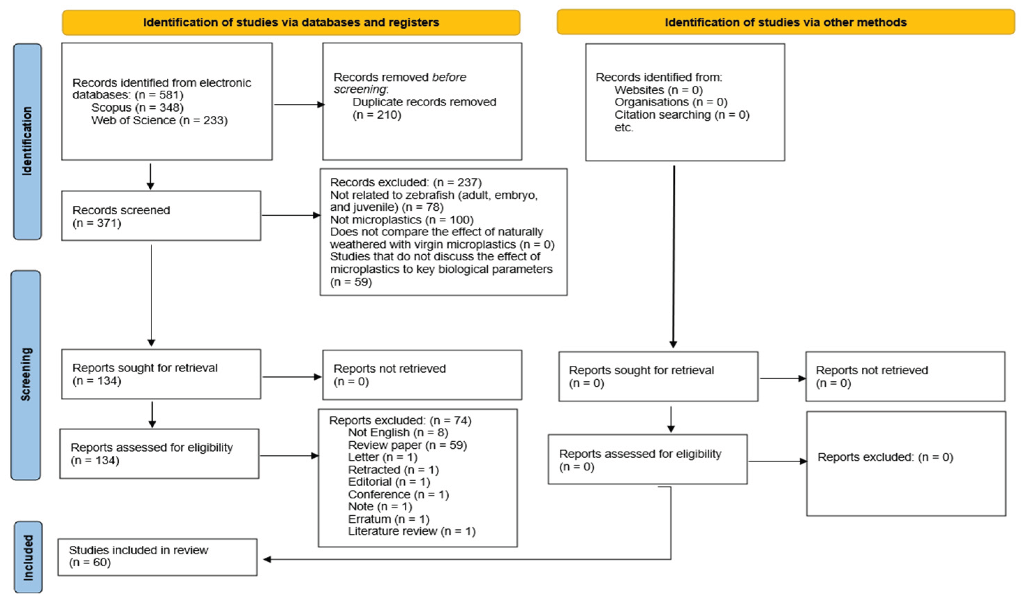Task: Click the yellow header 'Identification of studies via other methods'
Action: pyautogui.click(x=785, y=22)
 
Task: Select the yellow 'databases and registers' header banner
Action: pyautogui.click(x=291, y=22)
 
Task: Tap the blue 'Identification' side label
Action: pyautogui.click(x=27, y=141)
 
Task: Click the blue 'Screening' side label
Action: pyautogui.click(x=25, y=375)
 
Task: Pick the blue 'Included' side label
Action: pyautogui.click(x=28, y=557)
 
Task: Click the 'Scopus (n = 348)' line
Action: pyautogui.click(x=137, y=107)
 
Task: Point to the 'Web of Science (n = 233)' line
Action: pyautogui.click(x=159, y=120)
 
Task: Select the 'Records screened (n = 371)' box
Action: pyautogui.click(x=161, y=216)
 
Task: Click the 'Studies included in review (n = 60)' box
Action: pyautogui.click(x=157, y=557)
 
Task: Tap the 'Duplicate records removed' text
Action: pyautogui.click(x=424, y=102)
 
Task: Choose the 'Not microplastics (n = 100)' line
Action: pyautogui.click(x=402, y=220)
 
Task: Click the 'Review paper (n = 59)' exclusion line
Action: pyautogui.click(x=407, y=445)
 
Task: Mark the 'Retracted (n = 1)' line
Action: pyautogui.click(x=394, y=470)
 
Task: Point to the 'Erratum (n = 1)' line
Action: pyautogui.click(x=389, y=519)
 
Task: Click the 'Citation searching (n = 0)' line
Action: pyautogui.click(x=682, y=115)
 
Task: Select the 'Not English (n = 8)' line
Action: pyautogui.click(x=398, y=432)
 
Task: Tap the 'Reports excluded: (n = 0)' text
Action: pyautogui.click(x=886, y=457)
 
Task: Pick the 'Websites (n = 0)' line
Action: pyautogui.click(x=658, y=90)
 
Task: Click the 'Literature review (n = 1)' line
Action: pyautogui.click(x=412, y=531)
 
